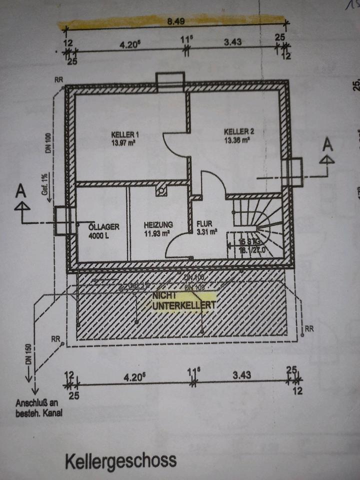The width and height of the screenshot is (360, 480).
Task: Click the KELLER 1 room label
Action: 125,134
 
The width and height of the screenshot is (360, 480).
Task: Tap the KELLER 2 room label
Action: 239,131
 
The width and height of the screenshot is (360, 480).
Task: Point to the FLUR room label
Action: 205,224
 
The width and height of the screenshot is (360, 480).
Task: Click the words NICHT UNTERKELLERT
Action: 184,300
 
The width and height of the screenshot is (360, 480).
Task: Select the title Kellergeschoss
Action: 120,460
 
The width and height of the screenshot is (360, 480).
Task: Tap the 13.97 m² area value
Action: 125,142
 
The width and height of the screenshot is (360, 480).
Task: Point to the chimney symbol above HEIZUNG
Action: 161,190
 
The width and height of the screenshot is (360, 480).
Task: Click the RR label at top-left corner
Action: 59,79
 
